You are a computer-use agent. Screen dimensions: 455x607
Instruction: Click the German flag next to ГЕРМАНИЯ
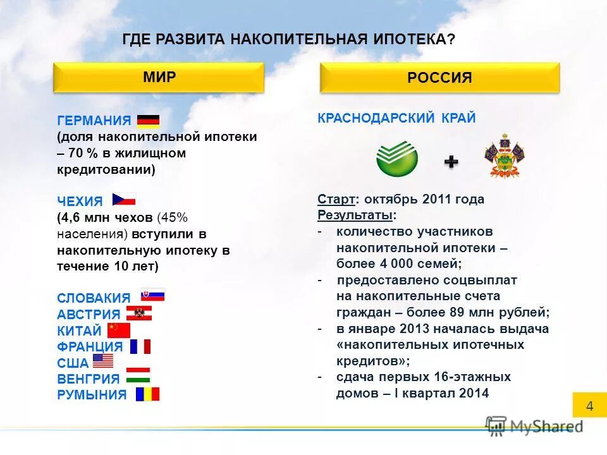pos(148,121)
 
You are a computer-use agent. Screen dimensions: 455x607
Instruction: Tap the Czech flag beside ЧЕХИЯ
pos(124,200)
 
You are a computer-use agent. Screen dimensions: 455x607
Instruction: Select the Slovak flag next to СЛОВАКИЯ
pos(152,295)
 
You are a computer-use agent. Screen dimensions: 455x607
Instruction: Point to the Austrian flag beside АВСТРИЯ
pos(138,313)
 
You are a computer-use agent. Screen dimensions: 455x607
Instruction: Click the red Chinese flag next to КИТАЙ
pos(118,330)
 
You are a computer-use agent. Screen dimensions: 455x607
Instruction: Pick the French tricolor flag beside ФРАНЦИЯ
pos(140,346)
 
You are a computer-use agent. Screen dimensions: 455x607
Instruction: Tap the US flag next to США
pos(103,361)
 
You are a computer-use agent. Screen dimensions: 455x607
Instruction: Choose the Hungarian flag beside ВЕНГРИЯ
pos(138,377)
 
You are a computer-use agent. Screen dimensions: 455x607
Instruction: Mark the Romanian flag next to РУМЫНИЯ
pos(147,394)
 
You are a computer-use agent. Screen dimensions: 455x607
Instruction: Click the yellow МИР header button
pos(158,78)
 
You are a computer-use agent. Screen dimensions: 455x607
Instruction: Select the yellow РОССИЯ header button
pos(439,78)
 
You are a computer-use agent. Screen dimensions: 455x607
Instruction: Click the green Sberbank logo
pos(397,159)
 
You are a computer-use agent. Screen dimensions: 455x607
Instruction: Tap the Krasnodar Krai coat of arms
pos(505,156)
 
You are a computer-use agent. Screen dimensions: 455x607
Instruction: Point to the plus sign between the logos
pos(451,162)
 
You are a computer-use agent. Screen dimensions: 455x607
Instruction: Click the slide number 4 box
pos(589,406)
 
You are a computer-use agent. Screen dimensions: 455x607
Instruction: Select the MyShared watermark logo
pos(534,427)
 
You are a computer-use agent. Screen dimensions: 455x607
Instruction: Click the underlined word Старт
pos(336,200)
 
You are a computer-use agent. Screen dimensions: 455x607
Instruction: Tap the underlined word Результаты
pos(355,215)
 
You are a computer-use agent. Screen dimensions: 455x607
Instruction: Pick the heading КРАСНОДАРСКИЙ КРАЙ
pos(396,119)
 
